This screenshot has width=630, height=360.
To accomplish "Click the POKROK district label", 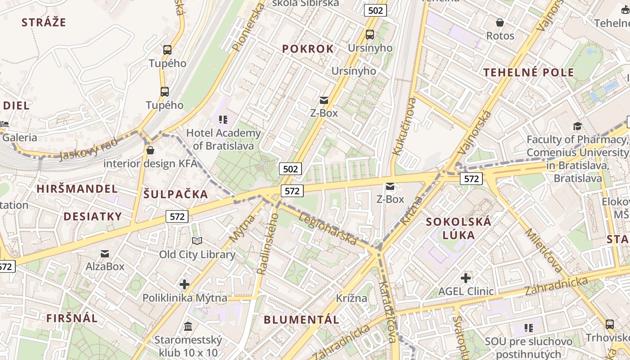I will pyautogui.click(x=308, y=49).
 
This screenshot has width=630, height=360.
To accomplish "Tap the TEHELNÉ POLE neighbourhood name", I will pyautogui.click(x=529, y=72).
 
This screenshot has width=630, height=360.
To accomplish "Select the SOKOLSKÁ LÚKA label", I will pyautogui.click(x=459, y=228).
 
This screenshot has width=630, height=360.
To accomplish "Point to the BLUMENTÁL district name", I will pyautogui.click(x=301, y=320).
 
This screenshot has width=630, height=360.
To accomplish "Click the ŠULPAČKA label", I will pyautogui.click(x=176, y=194).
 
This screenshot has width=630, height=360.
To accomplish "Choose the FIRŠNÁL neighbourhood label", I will pyautogui.click(x=72, y=318).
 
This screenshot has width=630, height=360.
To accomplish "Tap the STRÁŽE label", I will pyautogui.click(x=44, y=22).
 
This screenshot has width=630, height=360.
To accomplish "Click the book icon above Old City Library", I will pyautogui.click(x=197, y=241).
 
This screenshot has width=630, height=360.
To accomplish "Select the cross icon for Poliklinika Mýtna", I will pyautogui.click(x=184, y=284).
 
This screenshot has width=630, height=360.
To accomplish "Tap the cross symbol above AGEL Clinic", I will pyautogui.click(x=466, y=278).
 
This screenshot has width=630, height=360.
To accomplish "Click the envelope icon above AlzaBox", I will pyautogui.click(x=105, y=254).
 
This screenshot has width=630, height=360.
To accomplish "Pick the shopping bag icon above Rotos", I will pyautogui.click(x=500, y=22).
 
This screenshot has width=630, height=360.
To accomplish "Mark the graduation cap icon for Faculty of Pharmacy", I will pyautogui.click(x=577, y=126).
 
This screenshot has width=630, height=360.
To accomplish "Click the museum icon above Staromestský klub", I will pyautogui.click(x=188, y=326).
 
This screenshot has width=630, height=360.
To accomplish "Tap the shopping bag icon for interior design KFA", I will pyautogui.click(x=150, y=150).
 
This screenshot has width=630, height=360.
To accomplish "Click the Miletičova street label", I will pyautogui.click(x=544, y=251).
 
